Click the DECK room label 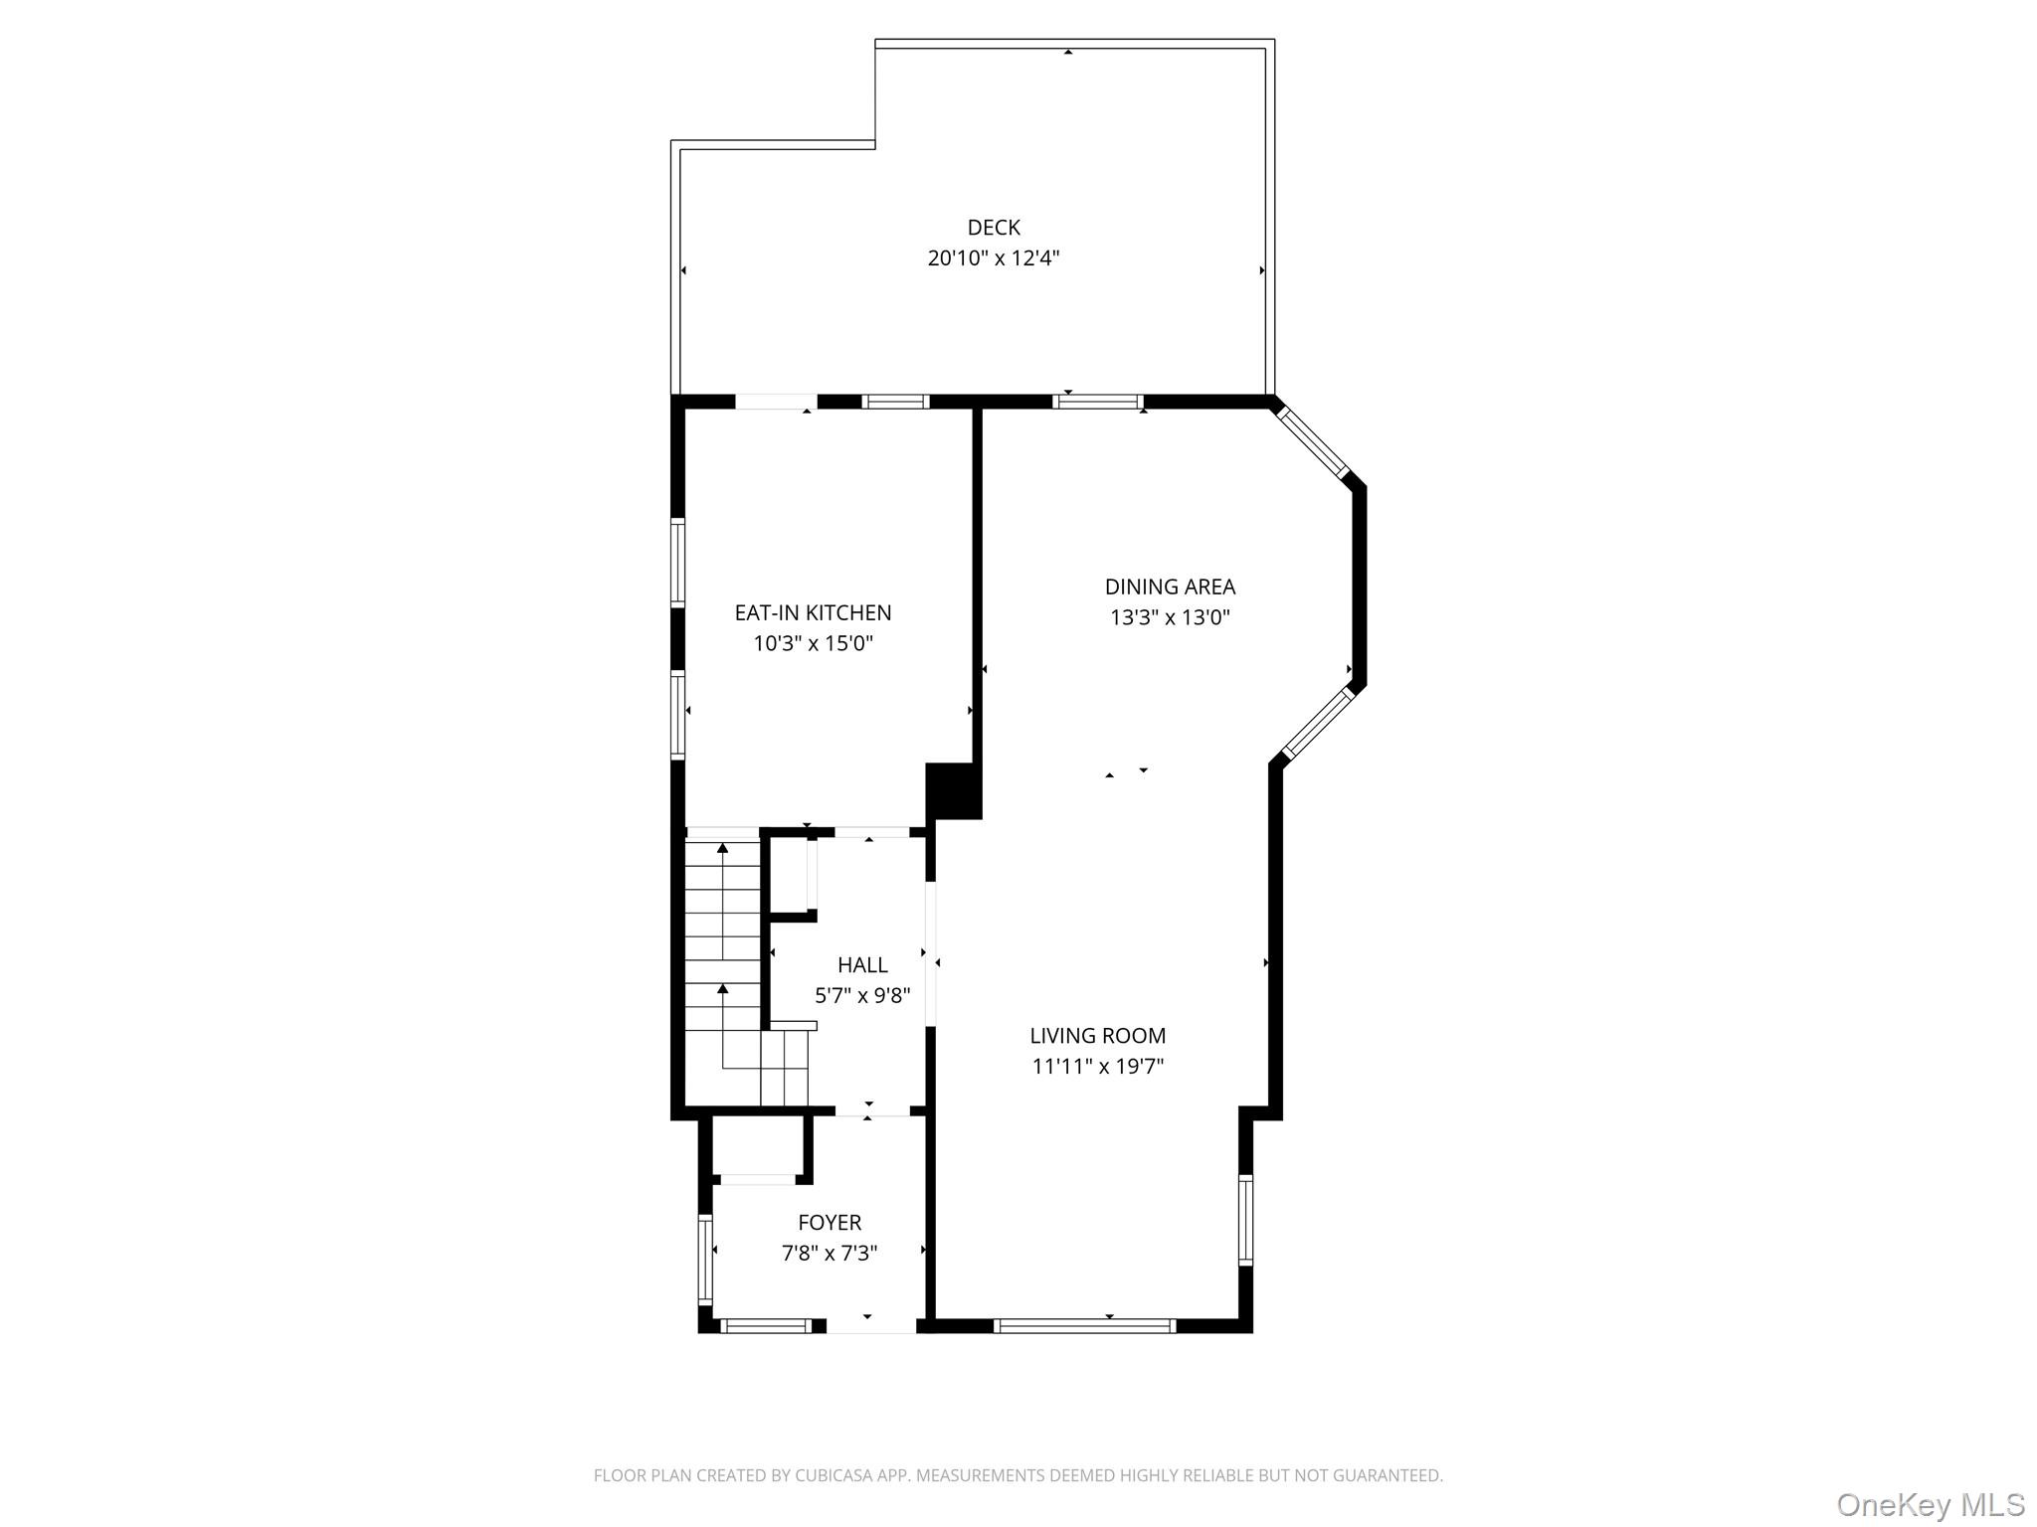point(994,228)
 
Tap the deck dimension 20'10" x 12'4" point(994,258)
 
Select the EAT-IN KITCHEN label point(813,612)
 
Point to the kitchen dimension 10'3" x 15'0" point(813,643)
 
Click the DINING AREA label point(1170,587)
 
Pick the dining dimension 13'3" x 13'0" point(1170,617)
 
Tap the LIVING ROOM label point(1097,1036)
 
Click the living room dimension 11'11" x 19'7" point(1097,1067)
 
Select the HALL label point(862,964)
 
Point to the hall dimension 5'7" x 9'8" point(862,995)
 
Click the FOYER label point(830,1223)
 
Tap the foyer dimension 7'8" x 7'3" point(830,1254)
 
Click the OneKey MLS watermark point(1930,1505)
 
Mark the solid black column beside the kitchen point(952,790)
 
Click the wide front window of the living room point(1084,1325)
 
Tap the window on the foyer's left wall point(705,1259)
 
